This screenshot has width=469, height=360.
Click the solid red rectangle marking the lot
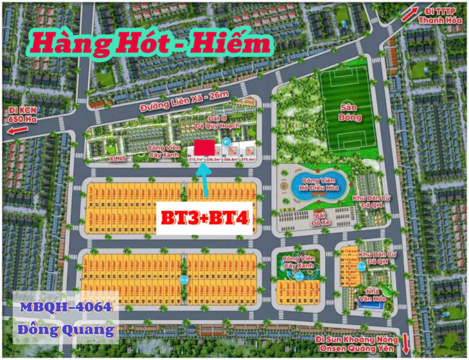204,147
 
